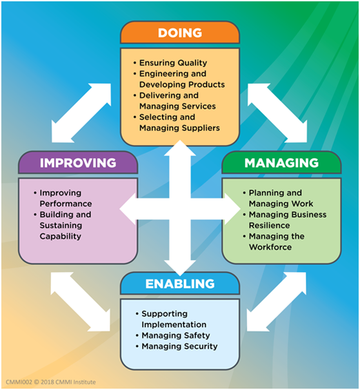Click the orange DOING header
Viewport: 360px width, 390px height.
[180, 33]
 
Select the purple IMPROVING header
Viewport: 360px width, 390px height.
[78, 162]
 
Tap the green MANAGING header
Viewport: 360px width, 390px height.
[281, 162]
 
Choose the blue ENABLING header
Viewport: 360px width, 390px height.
[180, 284]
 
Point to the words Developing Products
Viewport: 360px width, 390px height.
[182, 84]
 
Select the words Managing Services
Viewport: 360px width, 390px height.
[177, 106]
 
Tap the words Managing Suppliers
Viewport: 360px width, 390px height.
[179, 128]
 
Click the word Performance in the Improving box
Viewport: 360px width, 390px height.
[66, 204]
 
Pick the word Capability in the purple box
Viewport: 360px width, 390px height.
[61, 237]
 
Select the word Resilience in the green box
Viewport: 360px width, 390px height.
[270, 226]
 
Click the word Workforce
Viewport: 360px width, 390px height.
[270, 247]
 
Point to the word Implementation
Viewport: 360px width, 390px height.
[174, 325]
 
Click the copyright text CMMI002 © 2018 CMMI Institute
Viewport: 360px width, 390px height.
[50, 382]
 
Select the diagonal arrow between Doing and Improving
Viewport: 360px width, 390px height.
[81, 113]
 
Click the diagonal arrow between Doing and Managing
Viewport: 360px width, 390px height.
[277, 113]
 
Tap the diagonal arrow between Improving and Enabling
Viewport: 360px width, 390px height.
[81, 302]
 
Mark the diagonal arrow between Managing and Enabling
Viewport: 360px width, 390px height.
[276, 302]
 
